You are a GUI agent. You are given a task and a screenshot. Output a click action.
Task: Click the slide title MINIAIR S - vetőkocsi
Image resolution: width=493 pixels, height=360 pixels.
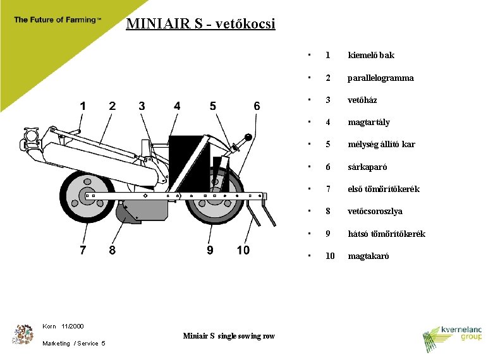(200, 25)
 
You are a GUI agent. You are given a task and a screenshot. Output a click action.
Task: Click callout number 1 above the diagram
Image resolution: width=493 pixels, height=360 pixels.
(83, 106)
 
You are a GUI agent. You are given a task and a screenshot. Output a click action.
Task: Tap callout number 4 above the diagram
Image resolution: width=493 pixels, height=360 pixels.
(177, 106)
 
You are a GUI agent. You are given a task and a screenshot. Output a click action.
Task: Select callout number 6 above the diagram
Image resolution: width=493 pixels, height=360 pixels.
(257, 106)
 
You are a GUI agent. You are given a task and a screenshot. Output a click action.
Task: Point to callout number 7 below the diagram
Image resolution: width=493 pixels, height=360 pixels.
(83, 250)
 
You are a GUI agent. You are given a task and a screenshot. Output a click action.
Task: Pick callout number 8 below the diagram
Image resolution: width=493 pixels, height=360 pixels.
(112, 250)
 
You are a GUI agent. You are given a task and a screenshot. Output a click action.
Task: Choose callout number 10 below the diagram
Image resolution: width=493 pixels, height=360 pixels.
(243, 250)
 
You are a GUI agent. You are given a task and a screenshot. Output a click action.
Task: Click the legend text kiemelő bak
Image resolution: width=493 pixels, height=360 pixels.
(371, 56)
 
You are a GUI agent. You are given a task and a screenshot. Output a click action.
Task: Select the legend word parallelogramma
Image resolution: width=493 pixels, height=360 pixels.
(380, 78)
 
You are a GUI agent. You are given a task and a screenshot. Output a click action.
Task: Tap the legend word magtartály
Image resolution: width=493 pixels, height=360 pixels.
(368, 123)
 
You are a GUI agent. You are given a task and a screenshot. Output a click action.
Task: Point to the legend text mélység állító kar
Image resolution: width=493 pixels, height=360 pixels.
(381, 145)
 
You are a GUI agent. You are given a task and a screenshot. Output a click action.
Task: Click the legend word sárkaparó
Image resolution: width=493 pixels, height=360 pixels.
(367, 167)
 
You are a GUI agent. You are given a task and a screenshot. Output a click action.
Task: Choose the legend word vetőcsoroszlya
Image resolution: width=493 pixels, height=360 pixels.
(375, 212)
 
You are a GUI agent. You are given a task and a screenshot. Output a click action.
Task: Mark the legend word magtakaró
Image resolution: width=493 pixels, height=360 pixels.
(368, 256)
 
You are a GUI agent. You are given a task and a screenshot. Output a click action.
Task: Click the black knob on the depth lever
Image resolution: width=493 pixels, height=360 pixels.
(249, 137)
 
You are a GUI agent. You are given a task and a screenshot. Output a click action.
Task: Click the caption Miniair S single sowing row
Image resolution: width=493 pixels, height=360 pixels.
(229, 336)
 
